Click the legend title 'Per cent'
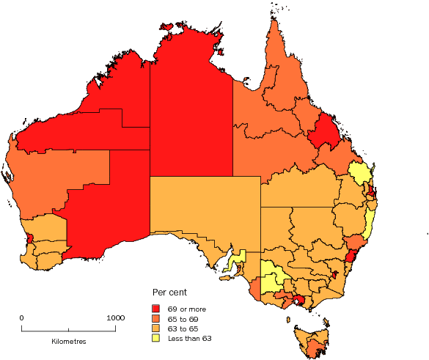[x=169, y=293]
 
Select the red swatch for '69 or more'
[x=156, y=308]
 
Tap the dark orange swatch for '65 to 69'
[x=156, y=318]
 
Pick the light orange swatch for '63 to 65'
[x=156, y=328]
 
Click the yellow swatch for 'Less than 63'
[x=156, y=338]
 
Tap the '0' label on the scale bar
[x=21, y=317]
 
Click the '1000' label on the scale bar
[x=115, y=317]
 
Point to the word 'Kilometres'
[x=69, y=342]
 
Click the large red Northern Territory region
[x=191, y=110]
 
